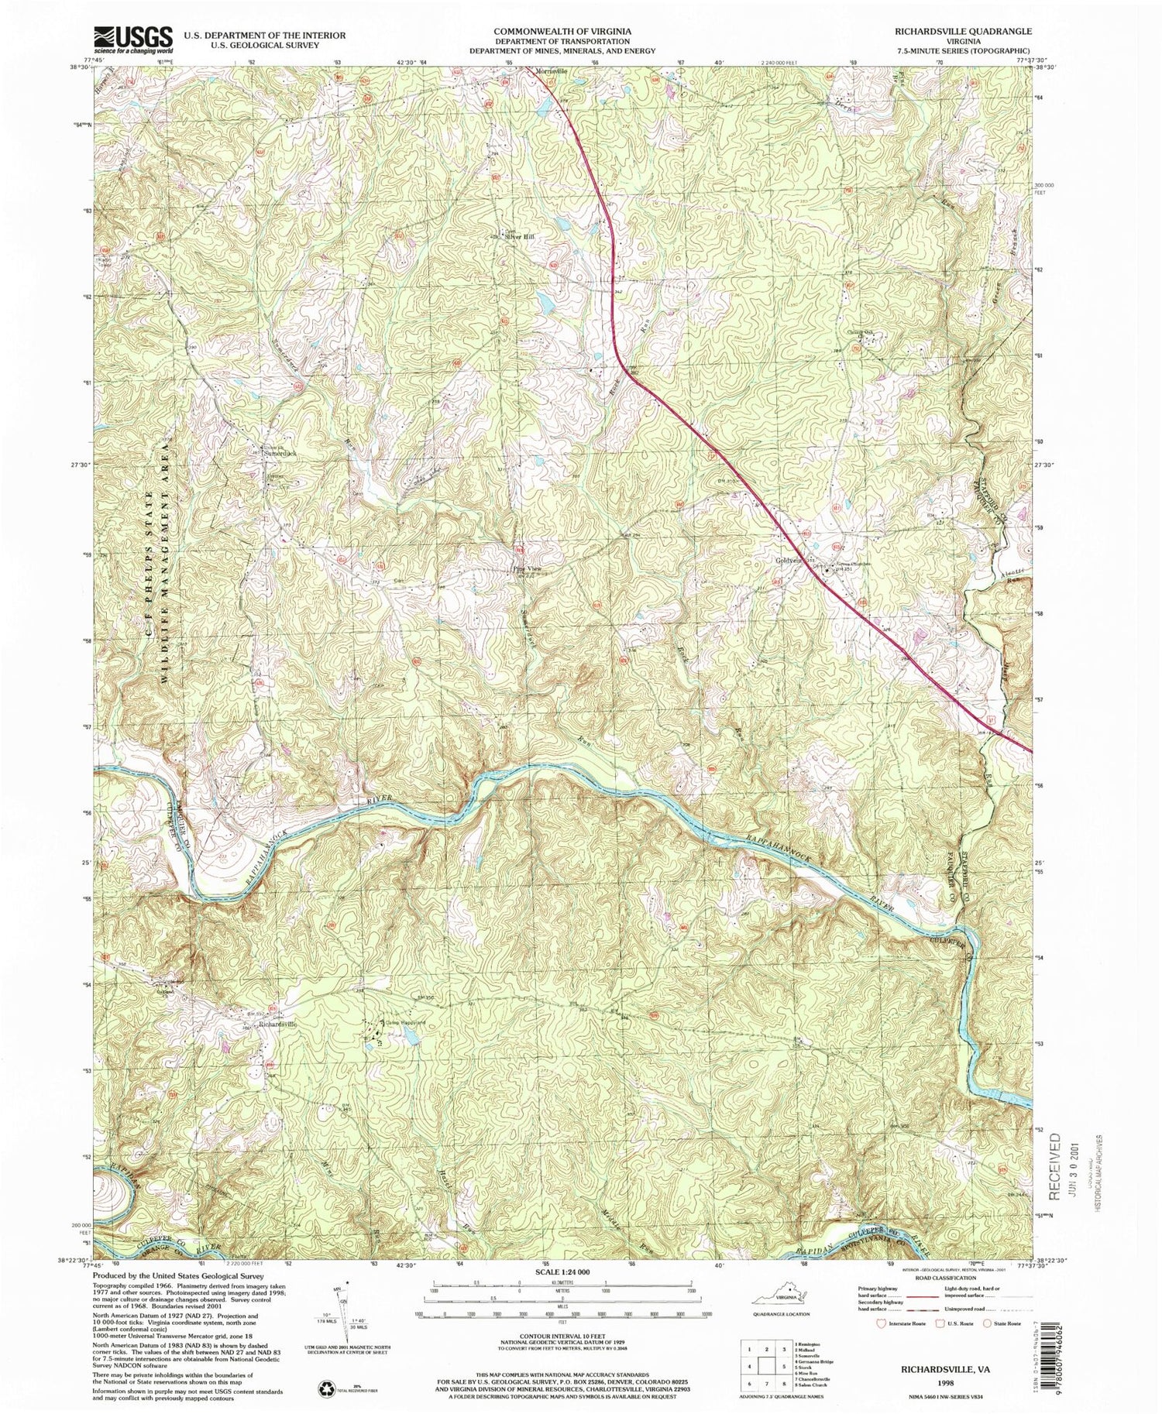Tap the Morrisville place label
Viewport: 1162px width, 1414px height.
point(552,70)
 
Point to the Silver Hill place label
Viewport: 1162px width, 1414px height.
point(521,238)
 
